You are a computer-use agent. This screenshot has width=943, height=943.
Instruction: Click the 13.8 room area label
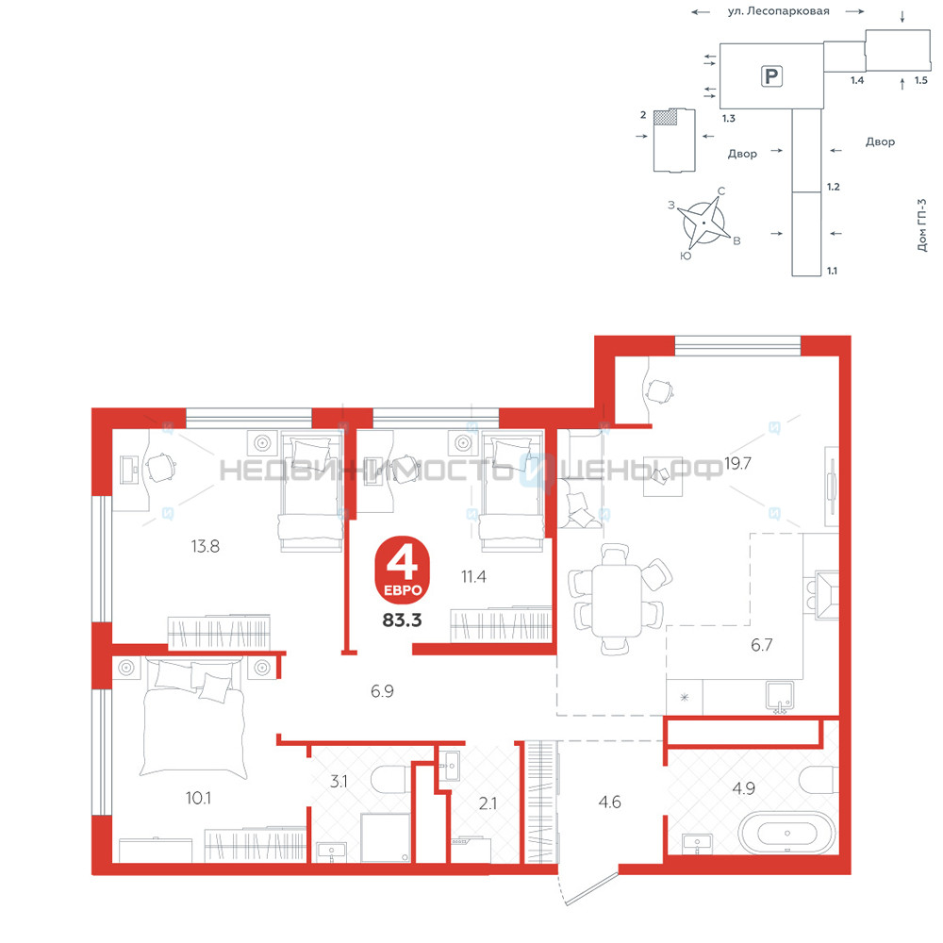205,546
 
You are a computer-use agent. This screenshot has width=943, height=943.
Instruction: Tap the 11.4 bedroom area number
473,577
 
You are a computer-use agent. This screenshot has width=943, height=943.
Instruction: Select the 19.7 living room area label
737,463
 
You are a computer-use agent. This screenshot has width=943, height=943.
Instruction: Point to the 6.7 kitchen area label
761,645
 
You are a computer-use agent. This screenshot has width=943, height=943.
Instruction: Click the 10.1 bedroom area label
198,798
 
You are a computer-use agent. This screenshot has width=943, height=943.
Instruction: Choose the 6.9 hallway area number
382,691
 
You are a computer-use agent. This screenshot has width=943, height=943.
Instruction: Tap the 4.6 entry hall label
609,802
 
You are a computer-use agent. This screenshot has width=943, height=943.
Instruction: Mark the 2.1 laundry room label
488,802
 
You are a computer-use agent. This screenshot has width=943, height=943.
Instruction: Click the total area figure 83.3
402,620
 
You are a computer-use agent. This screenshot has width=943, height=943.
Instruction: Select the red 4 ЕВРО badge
403,570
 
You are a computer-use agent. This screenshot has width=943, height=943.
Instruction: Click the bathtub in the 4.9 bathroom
786,833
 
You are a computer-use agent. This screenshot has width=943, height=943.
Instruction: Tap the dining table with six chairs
617,600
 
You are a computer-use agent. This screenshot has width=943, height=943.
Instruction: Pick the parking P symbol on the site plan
771,76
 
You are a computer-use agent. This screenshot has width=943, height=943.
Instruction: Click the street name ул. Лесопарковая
778,10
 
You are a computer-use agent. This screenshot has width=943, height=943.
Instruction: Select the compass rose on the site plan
703,223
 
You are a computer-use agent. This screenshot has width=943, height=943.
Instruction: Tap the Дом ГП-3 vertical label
922,225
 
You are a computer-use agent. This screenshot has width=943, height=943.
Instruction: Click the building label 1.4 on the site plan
857,80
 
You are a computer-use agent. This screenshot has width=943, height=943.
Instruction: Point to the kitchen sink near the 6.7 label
780,698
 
